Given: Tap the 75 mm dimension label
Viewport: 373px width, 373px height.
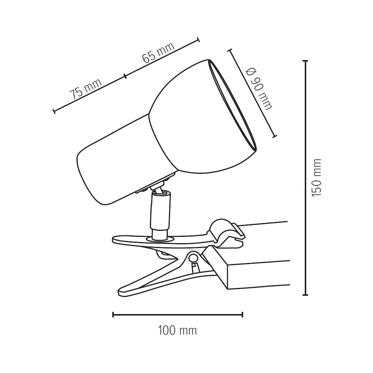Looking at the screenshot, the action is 85,88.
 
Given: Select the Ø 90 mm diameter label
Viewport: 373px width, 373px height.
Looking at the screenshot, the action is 259,89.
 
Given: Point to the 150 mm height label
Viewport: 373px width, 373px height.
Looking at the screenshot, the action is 316,178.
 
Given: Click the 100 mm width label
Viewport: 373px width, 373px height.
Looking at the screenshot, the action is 178,330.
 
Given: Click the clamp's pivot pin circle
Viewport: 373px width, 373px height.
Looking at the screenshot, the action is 193,257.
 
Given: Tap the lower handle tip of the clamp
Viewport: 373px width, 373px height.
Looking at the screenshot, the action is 121,292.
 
